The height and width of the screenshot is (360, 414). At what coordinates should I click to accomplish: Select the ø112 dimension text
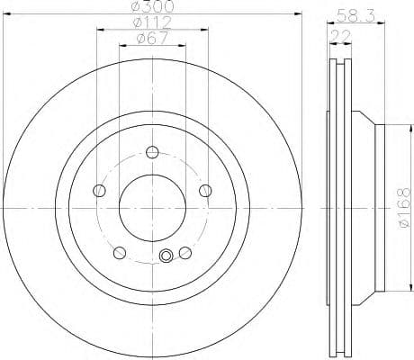[x=149, y=23]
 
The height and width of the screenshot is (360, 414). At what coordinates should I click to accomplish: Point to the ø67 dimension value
[x=149, y=38]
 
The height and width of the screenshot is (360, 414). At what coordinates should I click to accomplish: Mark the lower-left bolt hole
[x=119, y=251]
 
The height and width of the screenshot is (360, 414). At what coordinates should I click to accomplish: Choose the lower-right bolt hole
[x=185, y=251]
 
